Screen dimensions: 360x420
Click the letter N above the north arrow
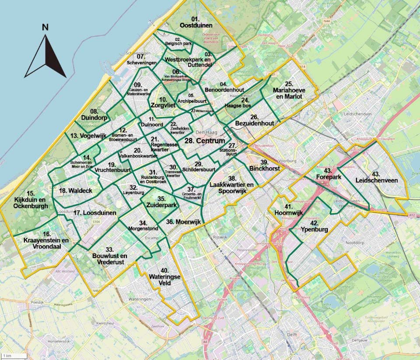(45, 27)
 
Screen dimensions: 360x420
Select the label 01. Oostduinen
(196, 22)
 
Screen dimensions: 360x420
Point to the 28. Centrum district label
(204, 141)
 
